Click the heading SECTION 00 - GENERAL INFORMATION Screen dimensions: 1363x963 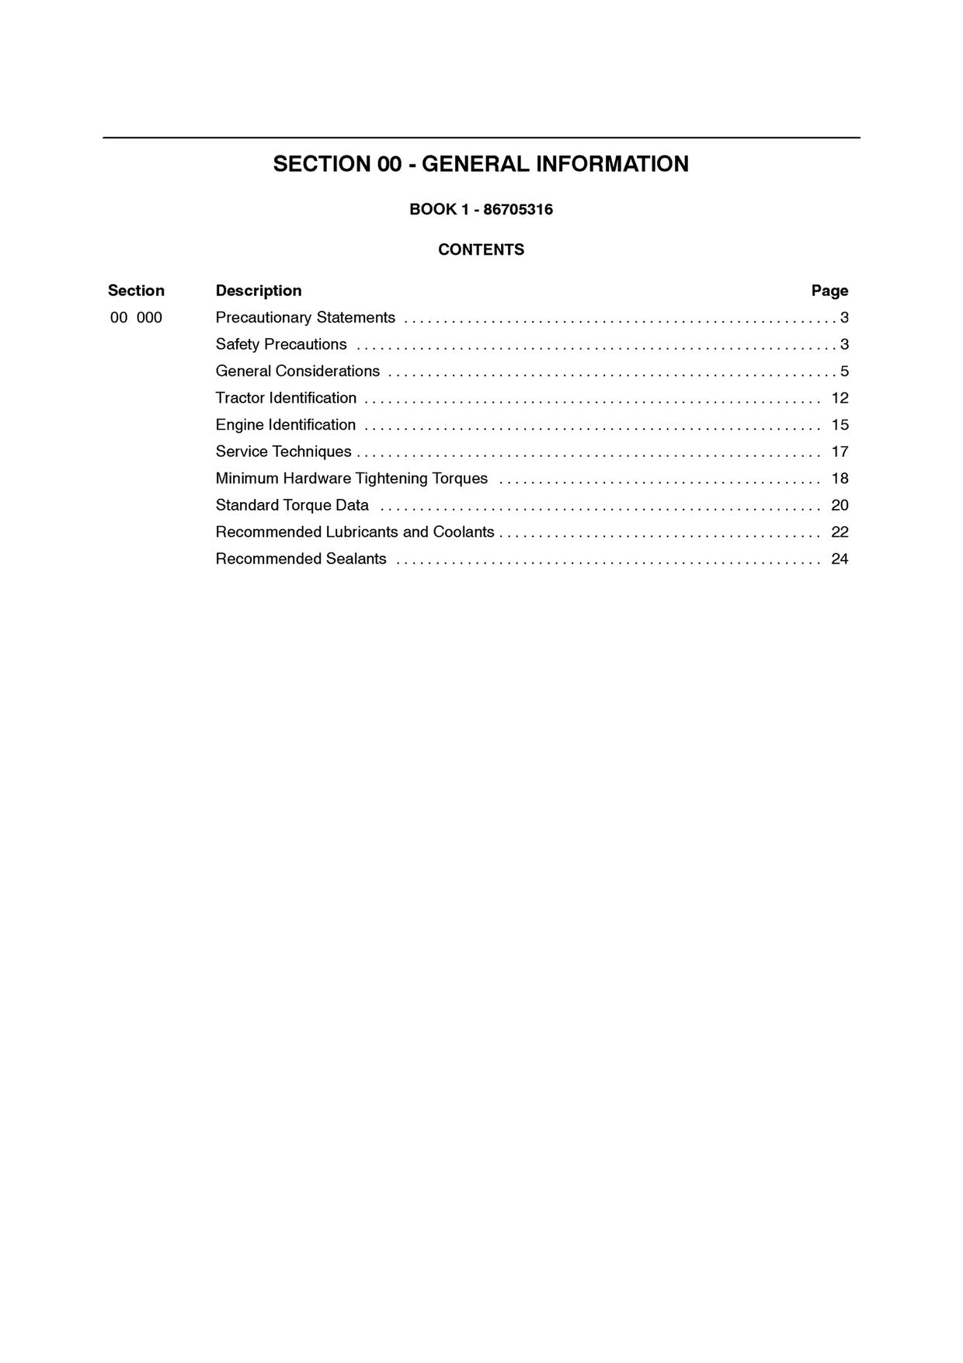pyautogui.click(x=481, y=164)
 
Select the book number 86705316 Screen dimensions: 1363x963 pyautogui.click(x=518, y=209)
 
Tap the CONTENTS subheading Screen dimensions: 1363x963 pyautogui.click(x=481, y=249)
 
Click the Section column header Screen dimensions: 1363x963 pyautogui.click(x=136, y=291)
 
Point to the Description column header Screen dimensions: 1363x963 pyautogui.click(x=259, y=291)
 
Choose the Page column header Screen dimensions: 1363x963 pyautogui.click(x=829, y=291)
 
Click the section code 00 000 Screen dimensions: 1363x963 pyautogui.click(x=136, y=318)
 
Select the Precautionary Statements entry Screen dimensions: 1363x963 pyautogui.click(x=305, y=318)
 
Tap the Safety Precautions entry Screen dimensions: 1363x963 pyautogui.click(x=281, y=344)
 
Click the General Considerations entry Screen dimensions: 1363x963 pyautogui.click(x=297, y=371)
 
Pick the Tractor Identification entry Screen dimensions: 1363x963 pyautogui.click(x=286, y=398)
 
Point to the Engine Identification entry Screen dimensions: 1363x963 pyautogui.click(x=285, y=425)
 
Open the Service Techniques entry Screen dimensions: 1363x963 pyautogui.click(x=283, y=451)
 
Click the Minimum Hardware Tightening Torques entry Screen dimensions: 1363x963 pyautogui.click(x=352, y=479)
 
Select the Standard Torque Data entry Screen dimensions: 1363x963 pyautogui.click(x=292, y=505)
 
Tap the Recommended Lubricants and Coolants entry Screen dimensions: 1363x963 pyautogui.click(x=355, y=532)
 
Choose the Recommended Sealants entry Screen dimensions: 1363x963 pyautogui.click(x=301, y=559)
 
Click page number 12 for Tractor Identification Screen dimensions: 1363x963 pyautogui.click(x=840, y=398)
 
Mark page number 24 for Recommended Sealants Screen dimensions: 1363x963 pyautogui.click(x=840, y=559)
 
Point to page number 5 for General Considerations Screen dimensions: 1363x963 pyautogui.click(x=844, y=371)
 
